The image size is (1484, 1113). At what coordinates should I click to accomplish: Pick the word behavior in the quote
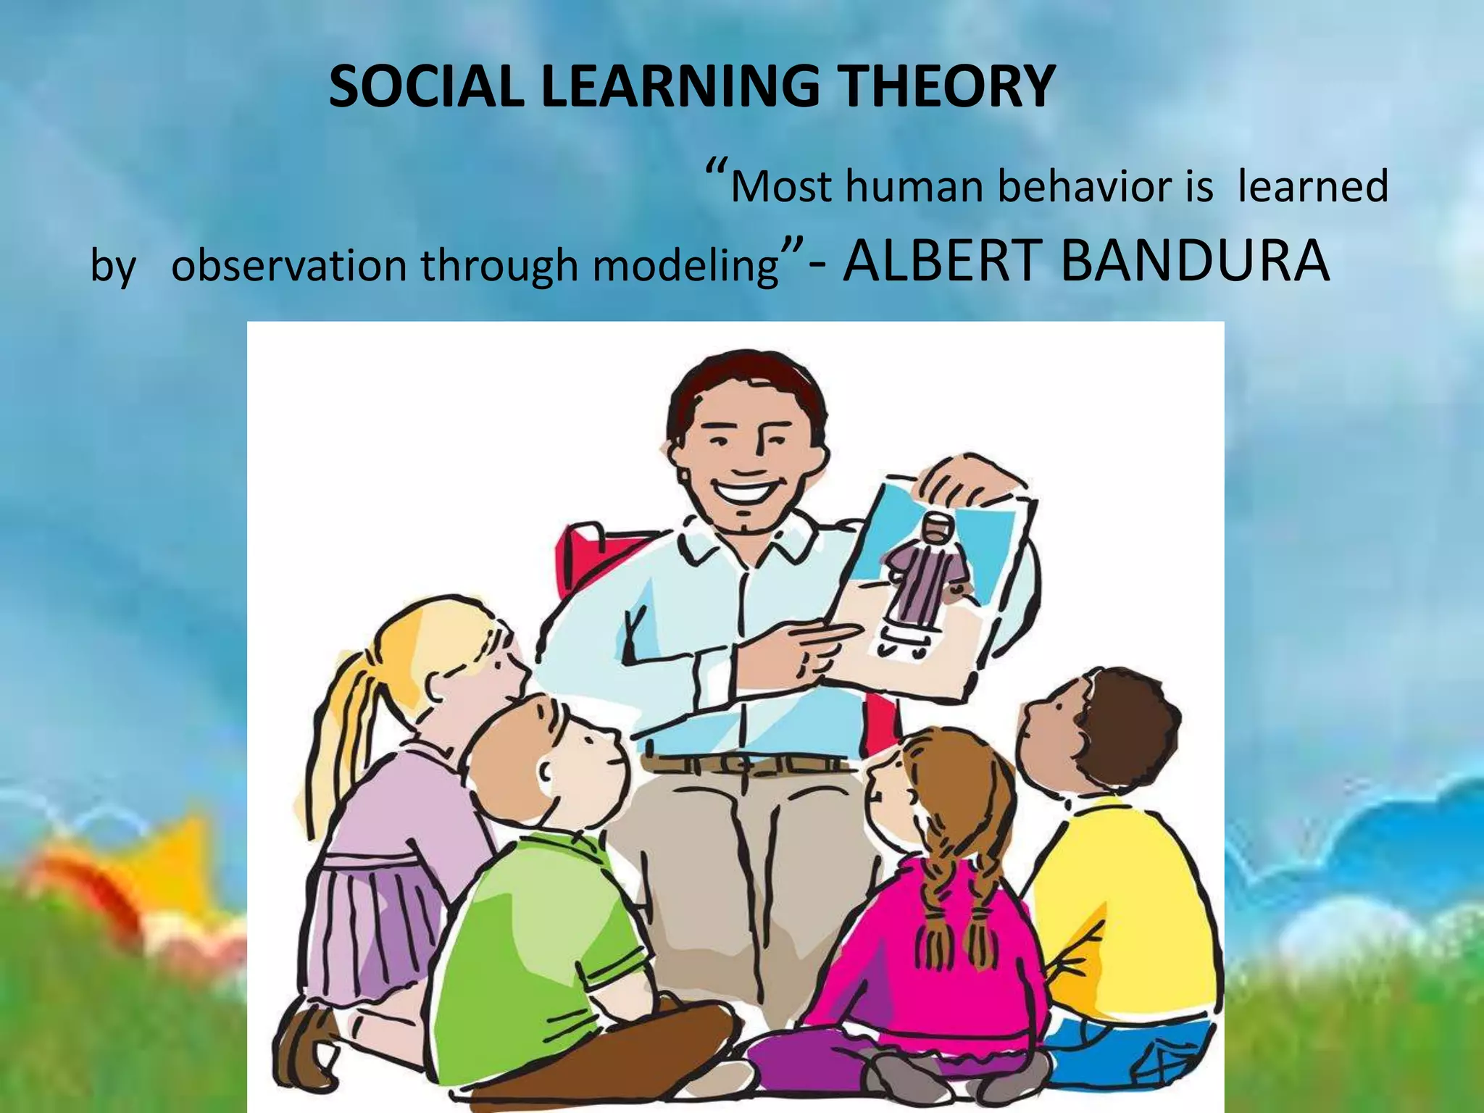1085,187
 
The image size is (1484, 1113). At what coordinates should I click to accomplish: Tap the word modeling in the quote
685,266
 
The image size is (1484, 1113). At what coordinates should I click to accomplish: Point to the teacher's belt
746,764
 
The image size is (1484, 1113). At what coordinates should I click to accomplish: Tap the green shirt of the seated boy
536,927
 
